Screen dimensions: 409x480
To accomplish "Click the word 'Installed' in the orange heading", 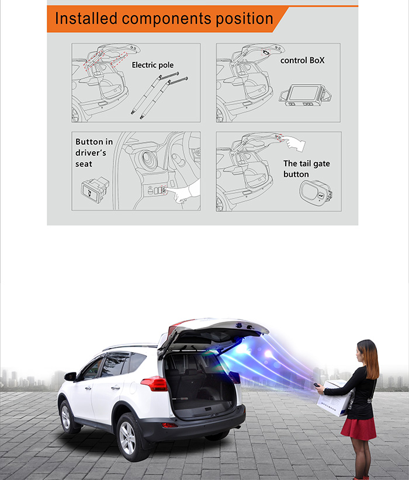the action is pyautogui.click(x=86, y=18).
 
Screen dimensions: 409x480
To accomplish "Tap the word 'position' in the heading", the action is pyautogui.click(x=244, y=19).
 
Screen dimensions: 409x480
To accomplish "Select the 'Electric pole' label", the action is pyautogui.click(x=152, y=65).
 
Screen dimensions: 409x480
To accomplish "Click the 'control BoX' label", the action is pyautogui.click(x=302, y=60).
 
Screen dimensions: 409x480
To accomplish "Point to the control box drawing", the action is pyautogui.click(x=305, y=95).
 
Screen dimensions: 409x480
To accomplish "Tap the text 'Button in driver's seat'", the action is pyautogui.click(x=94, y=153).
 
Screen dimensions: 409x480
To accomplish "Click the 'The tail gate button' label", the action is pyautogui.click(x=306, y=169).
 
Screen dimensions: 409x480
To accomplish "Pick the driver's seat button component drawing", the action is pyautogui.click(x=95, y=190).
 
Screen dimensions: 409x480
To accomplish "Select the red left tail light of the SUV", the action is pyautogui.click(x=154, y=384).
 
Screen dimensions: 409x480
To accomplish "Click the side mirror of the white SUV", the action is pyautogui.click(x=70, y=376).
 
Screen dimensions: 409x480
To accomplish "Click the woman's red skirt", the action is pyautogui.click(x=359, y=428).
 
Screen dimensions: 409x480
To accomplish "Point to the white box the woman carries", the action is pyautogui.click(x=335, y=399).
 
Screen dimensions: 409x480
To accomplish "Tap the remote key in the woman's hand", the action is pyautogui.click(x=317, y=385).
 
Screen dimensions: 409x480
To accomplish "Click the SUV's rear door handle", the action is pyautogui.click(x=116, y=388).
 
